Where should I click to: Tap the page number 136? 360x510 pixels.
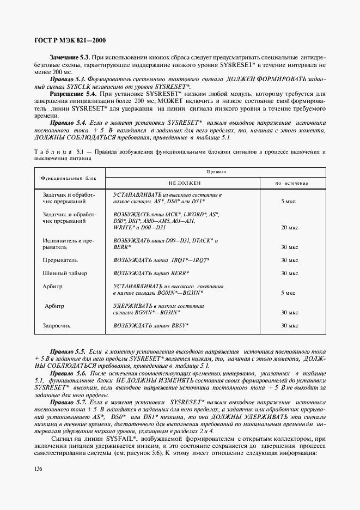[39, 469]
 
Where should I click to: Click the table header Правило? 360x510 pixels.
[216, 172]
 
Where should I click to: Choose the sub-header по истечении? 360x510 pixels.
[289, 184]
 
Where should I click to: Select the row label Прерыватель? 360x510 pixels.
[60, 260]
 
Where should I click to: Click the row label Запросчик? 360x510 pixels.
[57, 326]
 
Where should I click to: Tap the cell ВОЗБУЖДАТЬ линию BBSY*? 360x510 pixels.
[151, 326]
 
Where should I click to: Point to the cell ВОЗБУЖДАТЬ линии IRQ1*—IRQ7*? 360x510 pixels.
[161, 260]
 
